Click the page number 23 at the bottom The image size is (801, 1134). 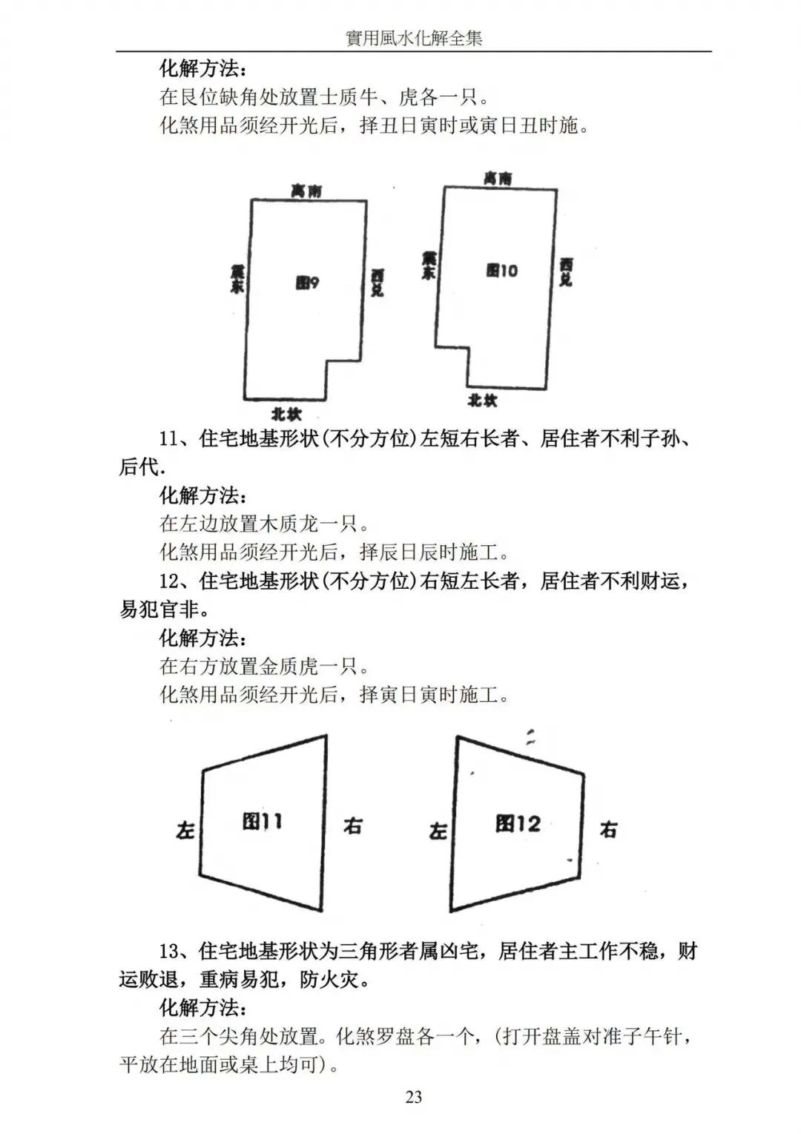click(414, 1097)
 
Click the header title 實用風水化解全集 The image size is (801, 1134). click(414, 38)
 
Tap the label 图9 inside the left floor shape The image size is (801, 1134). click(307, 283)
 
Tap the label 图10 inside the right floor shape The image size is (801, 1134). click(501, 271)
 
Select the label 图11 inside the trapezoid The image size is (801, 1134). click(262, 821)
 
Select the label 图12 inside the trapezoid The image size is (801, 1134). click(518, 823)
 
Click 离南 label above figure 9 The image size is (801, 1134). click(306, 191)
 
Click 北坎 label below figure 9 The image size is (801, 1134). click(286, 414)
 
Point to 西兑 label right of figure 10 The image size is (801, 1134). click(566, 271)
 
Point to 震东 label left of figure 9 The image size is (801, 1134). click(237, 280)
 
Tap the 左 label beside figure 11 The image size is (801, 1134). click(185, 830)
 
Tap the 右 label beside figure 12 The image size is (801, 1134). click(608, 829)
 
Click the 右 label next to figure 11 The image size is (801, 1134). click(352, 825)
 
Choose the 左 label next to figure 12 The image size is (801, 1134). click(438, 831)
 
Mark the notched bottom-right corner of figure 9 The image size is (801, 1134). click(327, 362)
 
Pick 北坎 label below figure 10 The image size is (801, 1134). click(482, 400)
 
